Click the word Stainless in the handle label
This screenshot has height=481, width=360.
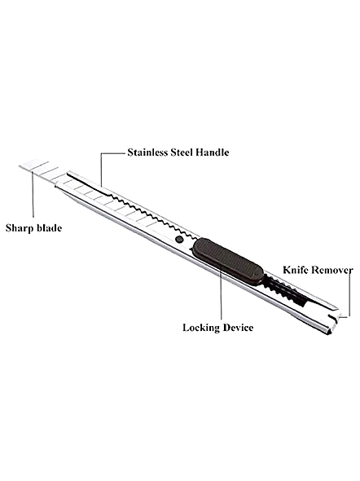pyautogui.click(x=147, y=152)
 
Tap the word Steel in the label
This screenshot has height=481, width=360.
pyautogui.click(x=182, y=152)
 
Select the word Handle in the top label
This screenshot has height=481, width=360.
pyautogui.click(x=213, y=152)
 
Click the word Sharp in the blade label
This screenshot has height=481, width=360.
pyautogui.click(x=20, y=228)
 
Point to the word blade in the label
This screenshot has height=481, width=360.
pyautogui.click(x=49, y=228)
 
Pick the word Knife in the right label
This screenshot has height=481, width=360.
pyautogui.click(x=293, y=270)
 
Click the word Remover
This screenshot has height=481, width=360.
pyautogui.click(x=330, y=270)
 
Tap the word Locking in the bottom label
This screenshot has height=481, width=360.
pyautogui.click(x=201, y=328)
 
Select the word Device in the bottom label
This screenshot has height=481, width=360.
pyautogui.click(x=238, y=327)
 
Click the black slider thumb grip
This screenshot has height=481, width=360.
pyautogui.click(x=228, y=261)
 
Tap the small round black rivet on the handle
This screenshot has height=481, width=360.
pyautogui.click(x=179, y=239)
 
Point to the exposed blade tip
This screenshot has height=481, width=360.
pyautogui.click(x=38, y=171)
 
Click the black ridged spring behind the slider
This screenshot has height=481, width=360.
pyautogui.click(x=285, y=290)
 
